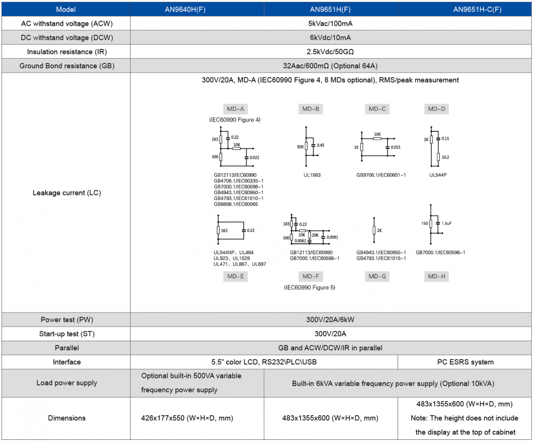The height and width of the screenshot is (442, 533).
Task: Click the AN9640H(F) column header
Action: (x=197, y=10)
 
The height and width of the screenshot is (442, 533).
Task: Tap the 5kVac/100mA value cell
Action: (x=330, y=24)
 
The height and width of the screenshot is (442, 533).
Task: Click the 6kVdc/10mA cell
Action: (x=330, y=38)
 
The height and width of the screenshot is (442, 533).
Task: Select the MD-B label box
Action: (x=310, y=109)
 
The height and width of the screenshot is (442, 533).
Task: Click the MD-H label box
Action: (x=437, y=276)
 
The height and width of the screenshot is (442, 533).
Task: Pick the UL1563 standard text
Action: (x=311, y=175)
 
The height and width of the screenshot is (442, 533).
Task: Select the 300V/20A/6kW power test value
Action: (x=330, y=320)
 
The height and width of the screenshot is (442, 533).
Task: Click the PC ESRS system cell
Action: (x=465, y=362)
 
